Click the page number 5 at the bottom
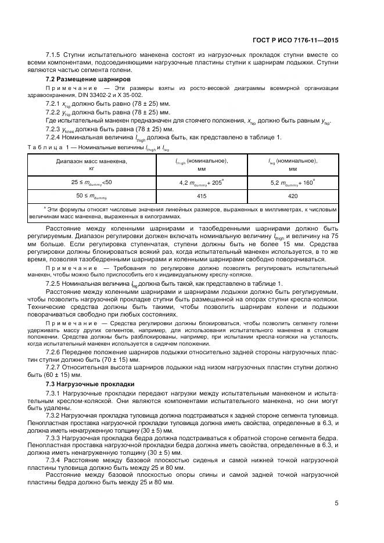(x=336, y=503)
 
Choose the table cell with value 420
(x=292, y=196)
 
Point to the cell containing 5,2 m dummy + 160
(x=292, y=182)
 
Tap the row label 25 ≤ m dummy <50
(x=92, y=182)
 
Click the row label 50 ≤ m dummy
(x=92, y=197)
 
